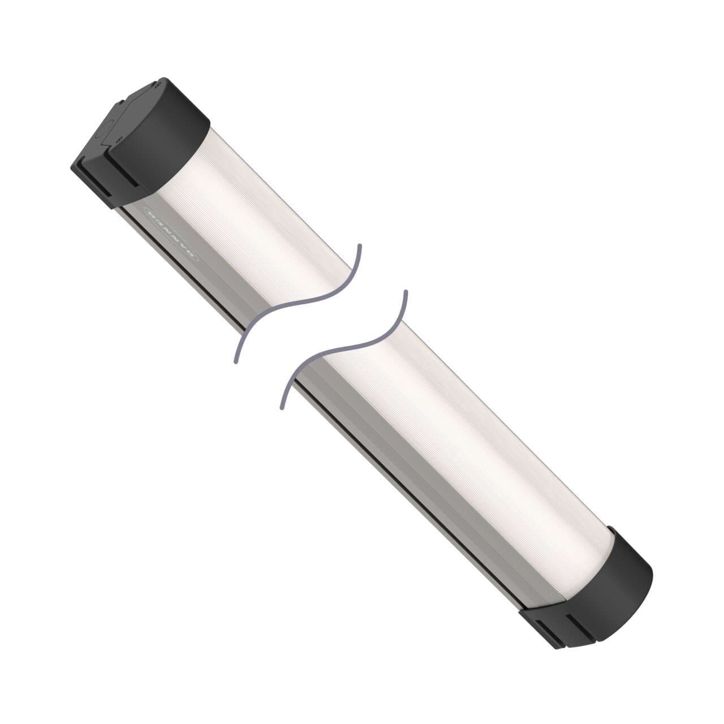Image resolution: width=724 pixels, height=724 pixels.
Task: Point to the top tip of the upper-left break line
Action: click(360, 245)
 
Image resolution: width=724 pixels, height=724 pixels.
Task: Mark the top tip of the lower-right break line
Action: click(405, 292)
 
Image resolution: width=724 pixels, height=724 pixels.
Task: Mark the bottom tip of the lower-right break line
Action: click(282, 407)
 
